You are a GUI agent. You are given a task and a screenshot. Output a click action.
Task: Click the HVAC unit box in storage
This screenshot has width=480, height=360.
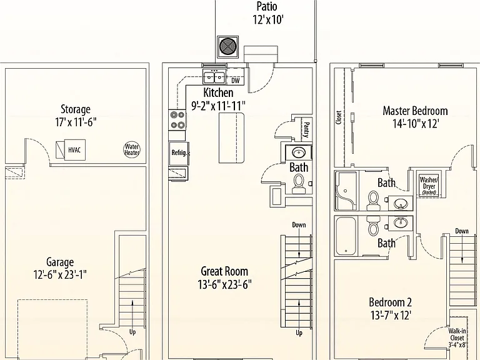[x=71, y=150]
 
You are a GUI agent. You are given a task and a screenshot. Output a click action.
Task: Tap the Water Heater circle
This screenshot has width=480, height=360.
[x=132, y=150]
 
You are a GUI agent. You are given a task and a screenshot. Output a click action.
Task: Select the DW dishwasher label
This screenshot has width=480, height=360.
[x=236, y=81]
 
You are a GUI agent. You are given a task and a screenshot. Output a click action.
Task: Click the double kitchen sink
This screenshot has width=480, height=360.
[x=214, y=76]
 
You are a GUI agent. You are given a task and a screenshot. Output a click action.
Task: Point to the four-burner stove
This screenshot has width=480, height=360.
[x=177, y=120]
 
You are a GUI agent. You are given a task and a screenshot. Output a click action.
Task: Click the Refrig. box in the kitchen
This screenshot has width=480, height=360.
[x=179, y=153]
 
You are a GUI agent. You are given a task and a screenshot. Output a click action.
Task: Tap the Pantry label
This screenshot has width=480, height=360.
[x=306, y=130]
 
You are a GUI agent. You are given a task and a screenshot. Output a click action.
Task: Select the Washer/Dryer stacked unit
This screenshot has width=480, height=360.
[x=429, y=186]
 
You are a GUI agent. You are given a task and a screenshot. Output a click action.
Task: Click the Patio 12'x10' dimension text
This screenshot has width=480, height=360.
[x=268, y=20]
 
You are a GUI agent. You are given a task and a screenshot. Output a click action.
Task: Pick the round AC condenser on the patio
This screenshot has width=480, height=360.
[x=227, y=46]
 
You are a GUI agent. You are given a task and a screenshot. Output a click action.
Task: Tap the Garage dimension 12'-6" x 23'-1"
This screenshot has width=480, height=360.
[x=60, y=274]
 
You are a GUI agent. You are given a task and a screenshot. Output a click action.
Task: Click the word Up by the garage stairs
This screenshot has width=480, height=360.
[x=132, y=332]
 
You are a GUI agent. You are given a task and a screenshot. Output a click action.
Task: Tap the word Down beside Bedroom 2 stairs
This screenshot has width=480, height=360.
[x=462, y=231]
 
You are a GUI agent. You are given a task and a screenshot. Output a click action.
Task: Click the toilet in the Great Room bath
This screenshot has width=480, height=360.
[x=298, y=184]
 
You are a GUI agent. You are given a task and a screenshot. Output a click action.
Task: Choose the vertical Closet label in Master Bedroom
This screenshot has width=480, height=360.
[x=339, y=117]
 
